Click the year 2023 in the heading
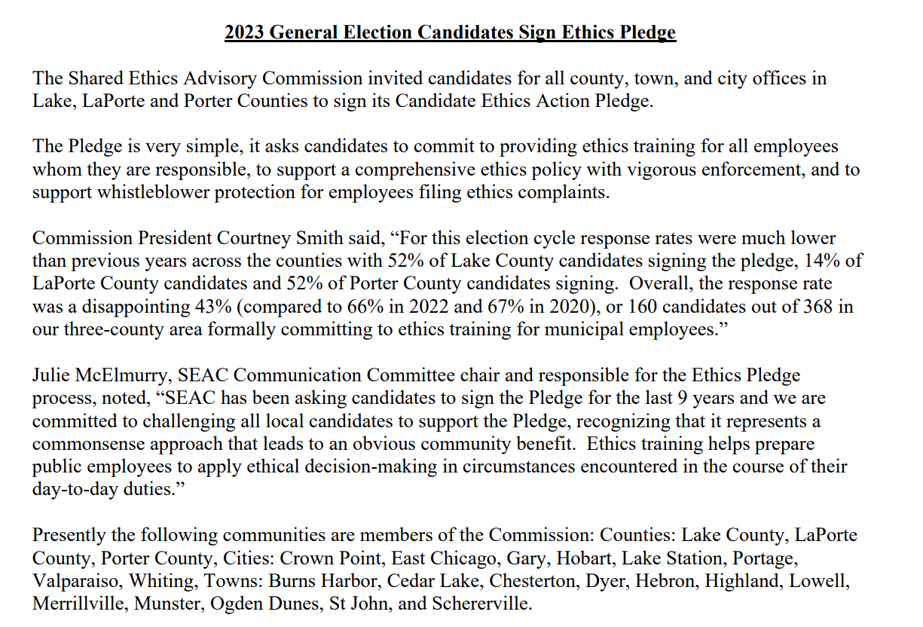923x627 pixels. pos(245,33)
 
